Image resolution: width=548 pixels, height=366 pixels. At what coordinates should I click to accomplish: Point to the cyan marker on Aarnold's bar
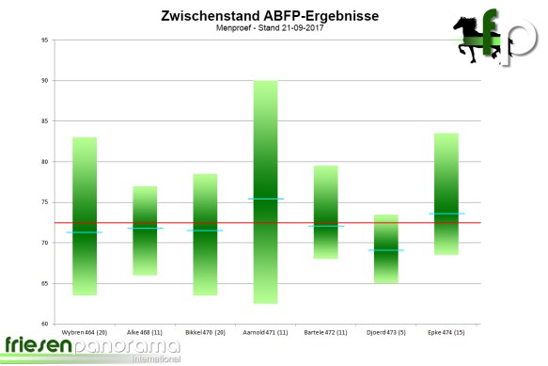coord(264,199)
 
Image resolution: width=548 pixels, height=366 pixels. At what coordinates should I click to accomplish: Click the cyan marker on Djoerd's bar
coord(384,250)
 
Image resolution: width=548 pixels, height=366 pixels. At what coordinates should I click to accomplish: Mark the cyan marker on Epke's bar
coord(445,214)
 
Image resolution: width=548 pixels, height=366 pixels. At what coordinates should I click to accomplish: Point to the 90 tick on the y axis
coord(45,81)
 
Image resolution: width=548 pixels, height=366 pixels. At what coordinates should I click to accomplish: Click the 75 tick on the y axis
coord(45,202)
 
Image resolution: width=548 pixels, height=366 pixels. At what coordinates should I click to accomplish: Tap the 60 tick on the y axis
coord(45,325)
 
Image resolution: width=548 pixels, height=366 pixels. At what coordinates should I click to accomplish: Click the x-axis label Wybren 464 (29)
coord(85,332)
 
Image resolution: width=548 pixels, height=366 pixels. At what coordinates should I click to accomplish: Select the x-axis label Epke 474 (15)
coord(445,332)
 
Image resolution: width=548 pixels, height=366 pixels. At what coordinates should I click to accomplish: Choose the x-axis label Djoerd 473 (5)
coord(384,332)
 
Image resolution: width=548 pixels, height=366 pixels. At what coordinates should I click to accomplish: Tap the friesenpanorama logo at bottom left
coord(90,349)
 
